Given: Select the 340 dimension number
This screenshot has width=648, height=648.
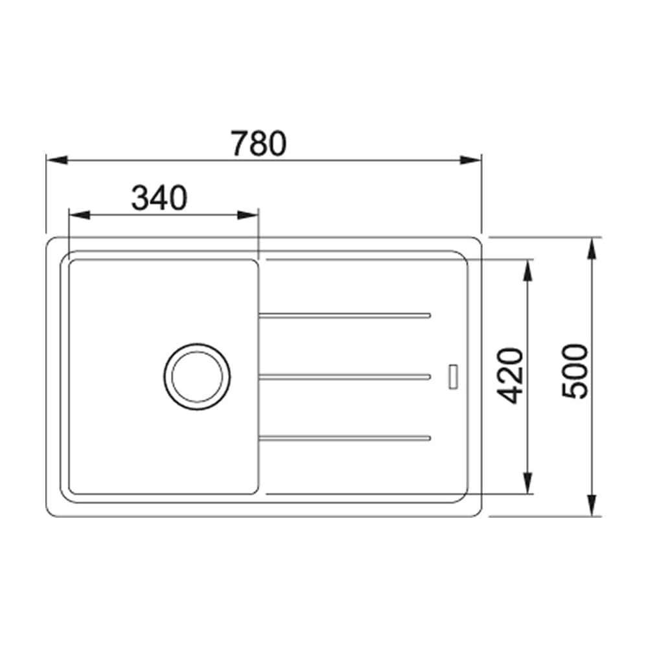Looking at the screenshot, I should pos(159,198).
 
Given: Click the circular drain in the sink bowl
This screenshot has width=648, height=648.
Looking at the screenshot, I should pos(197,376).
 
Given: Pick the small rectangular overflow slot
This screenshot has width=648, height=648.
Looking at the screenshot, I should pos(452,376).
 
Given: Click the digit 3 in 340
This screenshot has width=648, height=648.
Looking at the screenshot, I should pos(141,198).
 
